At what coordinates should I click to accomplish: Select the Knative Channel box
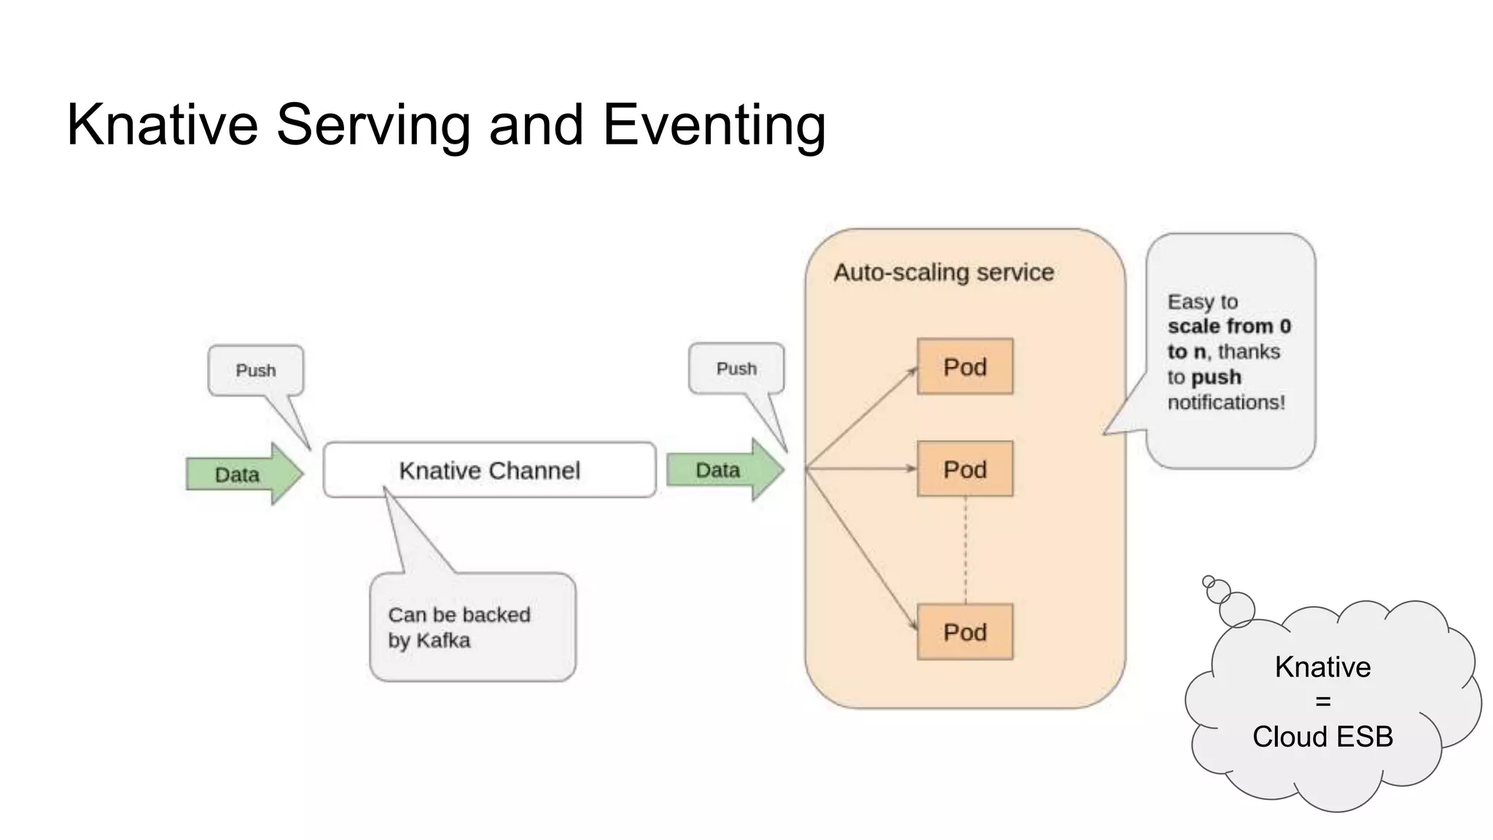(489, 470)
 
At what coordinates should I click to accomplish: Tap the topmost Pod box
(964, 367)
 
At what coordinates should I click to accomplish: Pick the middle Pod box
(964, 469)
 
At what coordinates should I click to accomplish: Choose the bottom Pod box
(964, 632)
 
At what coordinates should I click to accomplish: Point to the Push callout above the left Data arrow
(256, 370)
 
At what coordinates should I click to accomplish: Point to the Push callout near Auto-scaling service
(736, 369)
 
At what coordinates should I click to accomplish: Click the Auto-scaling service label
(943, 273)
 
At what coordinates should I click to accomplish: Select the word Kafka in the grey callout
(443, 641)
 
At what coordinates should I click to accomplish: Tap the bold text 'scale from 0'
(1229, 326)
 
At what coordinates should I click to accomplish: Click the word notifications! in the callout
(1226, 402)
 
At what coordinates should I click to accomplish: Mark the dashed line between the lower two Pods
(965, 551)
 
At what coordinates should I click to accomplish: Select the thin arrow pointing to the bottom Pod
(860, 547)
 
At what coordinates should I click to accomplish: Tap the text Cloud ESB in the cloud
(1322, 737)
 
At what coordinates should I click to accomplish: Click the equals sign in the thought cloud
(1322, 702)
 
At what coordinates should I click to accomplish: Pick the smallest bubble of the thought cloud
(1208, 581)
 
